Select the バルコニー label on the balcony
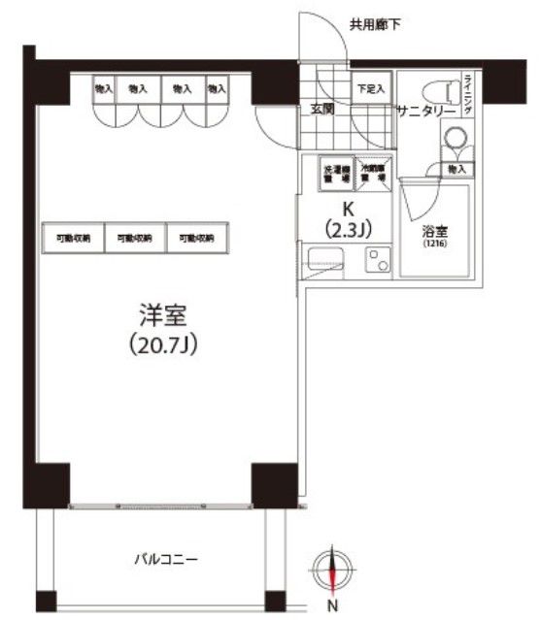pos(166,560)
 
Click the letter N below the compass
pos(332,607)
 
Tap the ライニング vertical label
pos(467,95)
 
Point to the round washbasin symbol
pos(455,142)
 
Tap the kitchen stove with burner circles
pos(374,261)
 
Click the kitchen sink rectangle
pos(322,260)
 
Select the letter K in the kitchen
pos(347,210)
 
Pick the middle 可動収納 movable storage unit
pos(136,238)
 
